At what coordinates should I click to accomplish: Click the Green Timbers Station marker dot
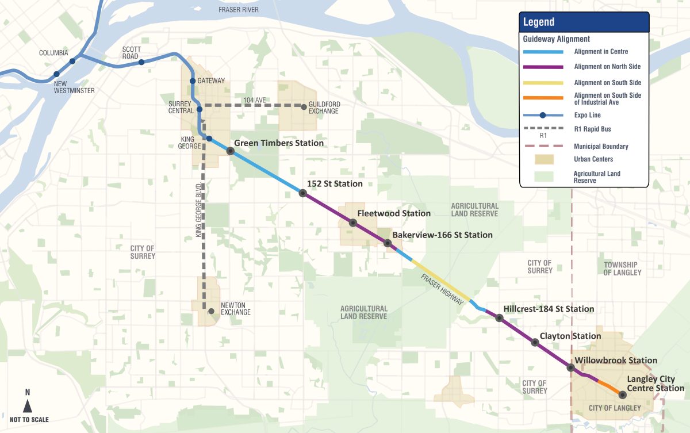pyautogui.click(x=230, y=151)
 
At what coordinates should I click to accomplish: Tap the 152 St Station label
pyautogui.click(x=335, y=184)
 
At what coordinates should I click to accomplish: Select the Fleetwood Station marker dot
pyautogui.click(x=353, y=223)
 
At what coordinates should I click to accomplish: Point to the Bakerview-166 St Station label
pyautogui.click(x=442, y=235)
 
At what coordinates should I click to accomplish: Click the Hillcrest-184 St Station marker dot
pyautogui.click(x=499, y=317)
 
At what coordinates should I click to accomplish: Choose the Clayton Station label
pyautogui.click(x=570, y=336)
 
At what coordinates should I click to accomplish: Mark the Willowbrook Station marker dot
pyautogui.click(x=570, y=367)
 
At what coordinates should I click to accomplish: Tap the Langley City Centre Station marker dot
pyautogui.click(x=622, y=394)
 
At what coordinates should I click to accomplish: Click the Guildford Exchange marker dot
pyautogui.click(x=304, y=106)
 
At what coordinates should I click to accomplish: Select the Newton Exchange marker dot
pyautogui.click(x=211, y=311)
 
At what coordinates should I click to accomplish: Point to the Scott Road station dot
pyautogui.click(x=141, y=62)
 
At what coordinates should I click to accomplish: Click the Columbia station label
pyautogui.click(x=53, y=53)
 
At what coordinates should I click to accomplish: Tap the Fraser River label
pyautogui.click(x=239, y=10)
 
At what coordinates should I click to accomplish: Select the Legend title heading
pyautogui.click(x=539, y=22)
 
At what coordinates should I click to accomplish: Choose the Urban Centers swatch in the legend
pyautogui.click(x=543, y=159)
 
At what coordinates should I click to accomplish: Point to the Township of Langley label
pyautogui.click(x=622, y=269)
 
